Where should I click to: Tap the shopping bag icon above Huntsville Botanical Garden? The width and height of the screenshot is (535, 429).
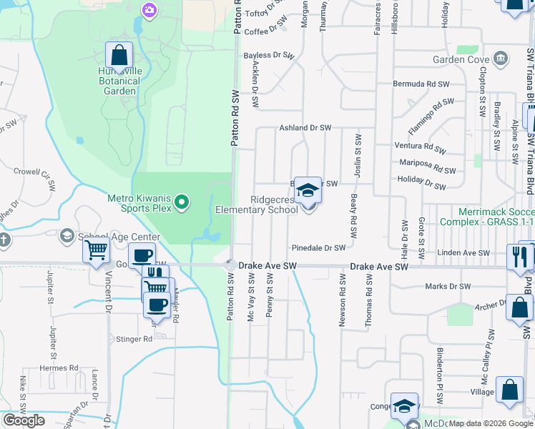(119, 55)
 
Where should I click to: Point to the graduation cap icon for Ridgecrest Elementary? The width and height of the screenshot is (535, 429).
(308, 191)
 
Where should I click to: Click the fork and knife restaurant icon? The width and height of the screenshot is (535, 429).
(520, 256)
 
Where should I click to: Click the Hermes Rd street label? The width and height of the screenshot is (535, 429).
(59, 368)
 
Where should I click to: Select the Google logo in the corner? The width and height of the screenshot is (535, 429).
(24, 420)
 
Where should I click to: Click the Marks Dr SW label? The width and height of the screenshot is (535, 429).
(447, 286)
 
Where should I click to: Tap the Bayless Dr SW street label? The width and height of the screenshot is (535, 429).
(269, 55)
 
